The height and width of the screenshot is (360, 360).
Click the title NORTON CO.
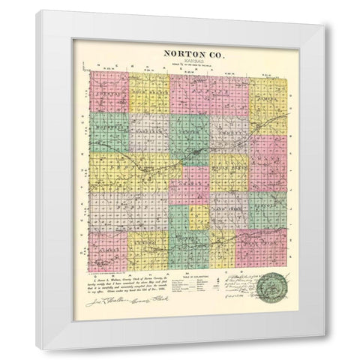click(188, 54)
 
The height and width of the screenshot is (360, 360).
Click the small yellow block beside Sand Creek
click(199, 218)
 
